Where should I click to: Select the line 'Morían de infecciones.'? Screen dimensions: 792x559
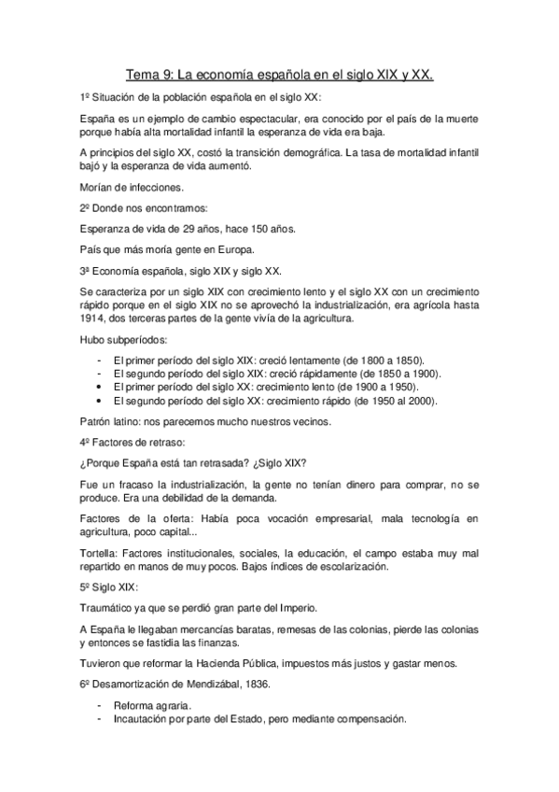pos(129,187)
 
